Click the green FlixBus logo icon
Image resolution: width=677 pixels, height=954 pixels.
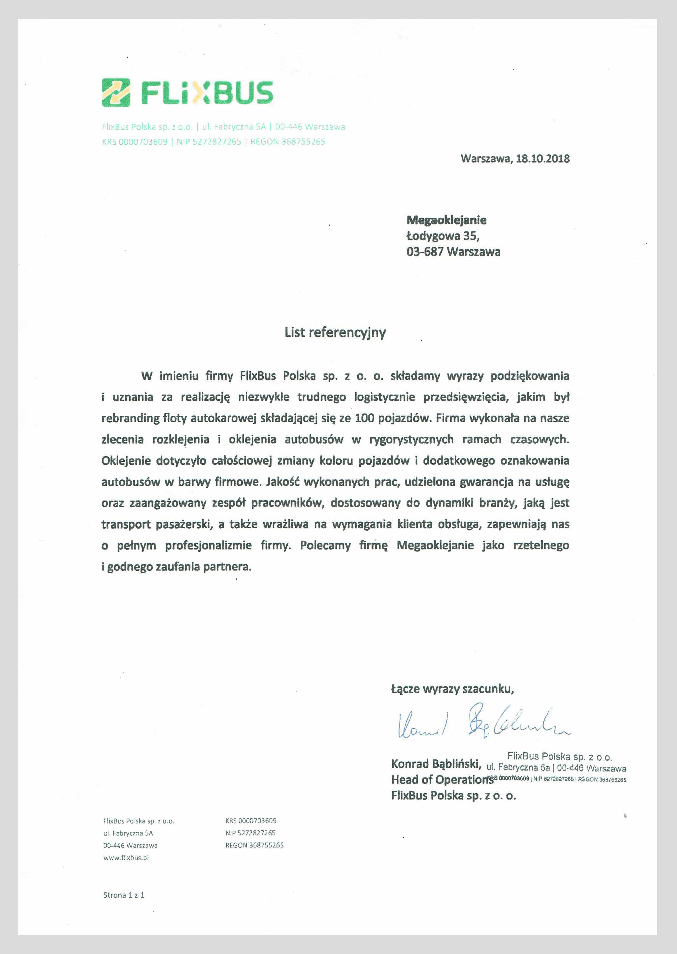click(x=116, y=92)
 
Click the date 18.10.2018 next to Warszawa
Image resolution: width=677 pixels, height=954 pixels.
click(x=542, y=159)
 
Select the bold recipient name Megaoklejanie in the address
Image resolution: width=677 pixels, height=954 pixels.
click(x=446, y=220)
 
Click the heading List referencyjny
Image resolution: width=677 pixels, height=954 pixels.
click(x=335, y=332)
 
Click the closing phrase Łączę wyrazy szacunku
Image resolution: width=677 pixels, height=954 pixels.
click(x=452, y=689)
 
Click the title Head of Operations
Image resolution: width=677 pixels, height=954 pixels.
click(x=442, y=780)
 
